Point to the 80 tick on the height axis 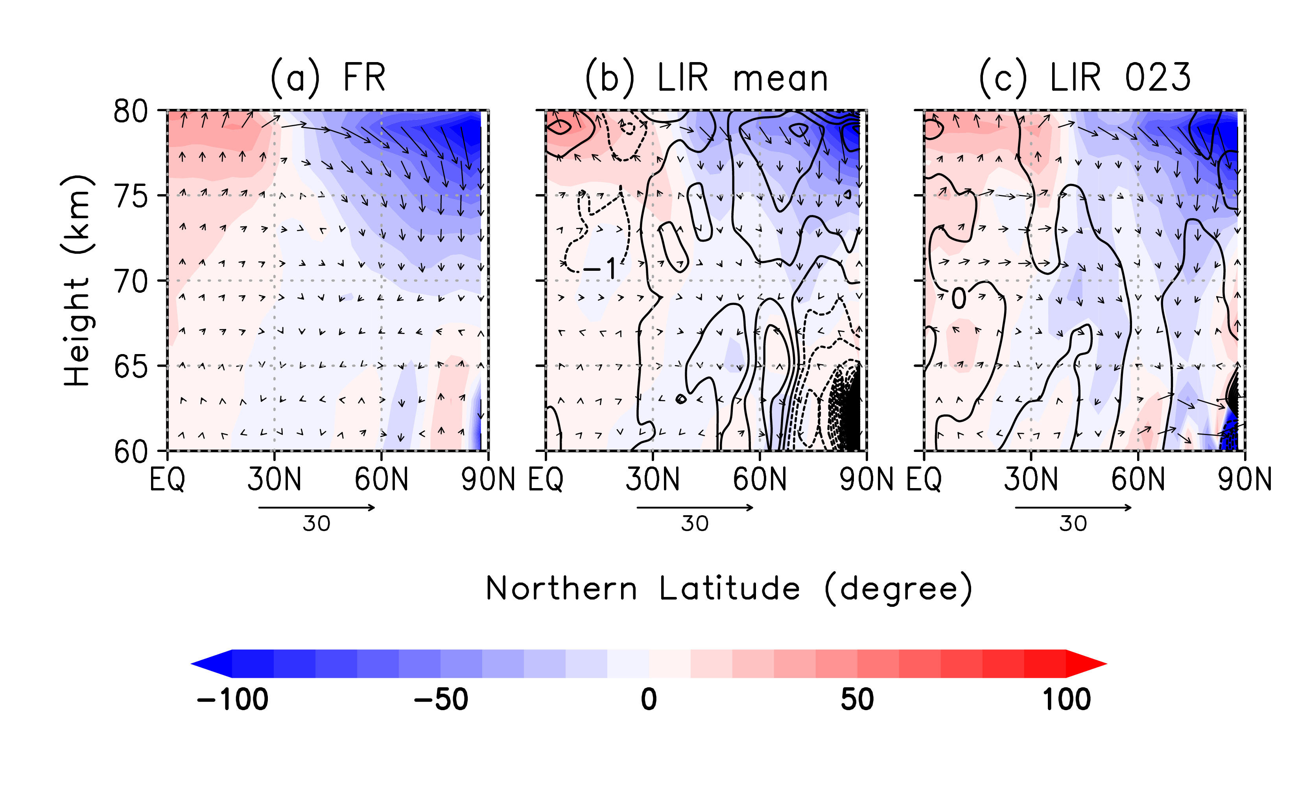click(131, 112)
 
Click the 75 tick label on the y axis click(131, 197)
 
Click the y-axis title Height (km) click(77, 281)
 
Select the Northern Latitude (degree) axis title click(728, 589)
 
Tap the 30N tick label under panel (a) click(274, 479)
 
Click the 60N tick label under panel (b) click(760, 479)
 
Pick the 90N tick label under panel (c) click(1244, 479)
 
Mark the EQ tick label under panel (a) click(168, 479)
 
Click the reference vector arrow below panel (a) click(317, 507)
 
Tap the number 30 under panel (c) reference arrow click(1073, 524)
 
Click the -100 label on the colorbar click(232, 700)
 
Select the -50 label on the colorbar click(441, 700)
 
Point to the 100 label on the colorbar click(1066, 700)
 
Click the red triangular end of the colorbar click(1085, 664)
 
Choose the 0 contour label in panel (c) click(959, 299)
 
